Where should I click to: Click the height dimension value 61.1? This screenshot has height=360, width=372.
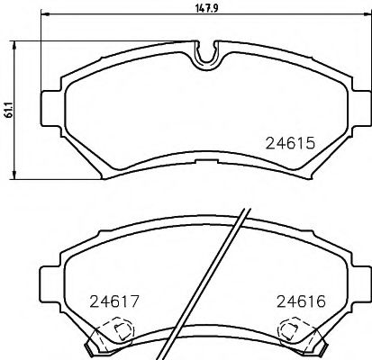(7, 109)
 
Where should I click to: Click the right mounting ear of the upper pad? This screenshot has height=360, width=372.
(358, 94)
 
